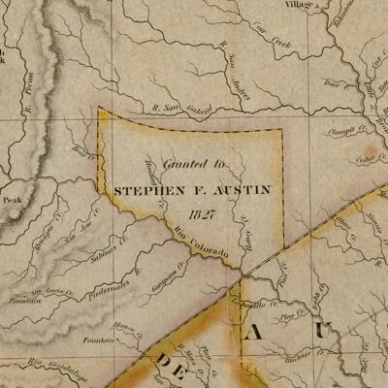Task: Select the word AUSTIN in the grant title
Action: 238,191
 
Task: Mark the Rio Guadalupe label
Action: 48,367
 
